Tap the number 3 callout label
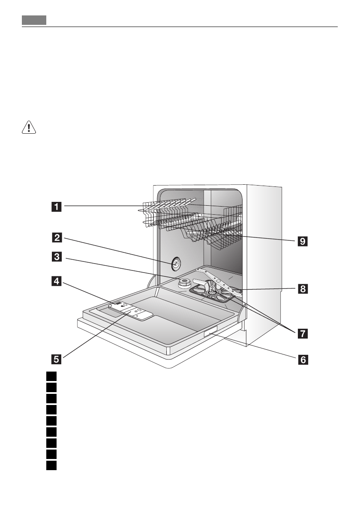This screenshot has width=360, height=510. tap(56, 258)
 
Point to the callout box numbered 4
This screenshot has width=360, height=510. tap(56, 282)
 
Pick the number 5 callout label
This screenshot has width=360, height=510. tap(56, 358)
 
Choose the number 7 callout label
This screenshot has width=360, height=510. tap(303, 333)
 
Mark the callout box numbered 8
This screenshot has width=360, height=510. tap(303, 289)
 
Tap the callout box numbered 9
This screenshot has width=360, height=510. tap(303, 241)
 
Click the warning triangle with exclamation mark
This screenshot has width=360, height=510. tap(28, 127)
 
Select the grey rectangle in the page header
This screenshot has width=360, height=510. tap(34, 20)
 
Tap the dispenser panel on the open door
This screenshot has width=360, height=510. tap(130, 311)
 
